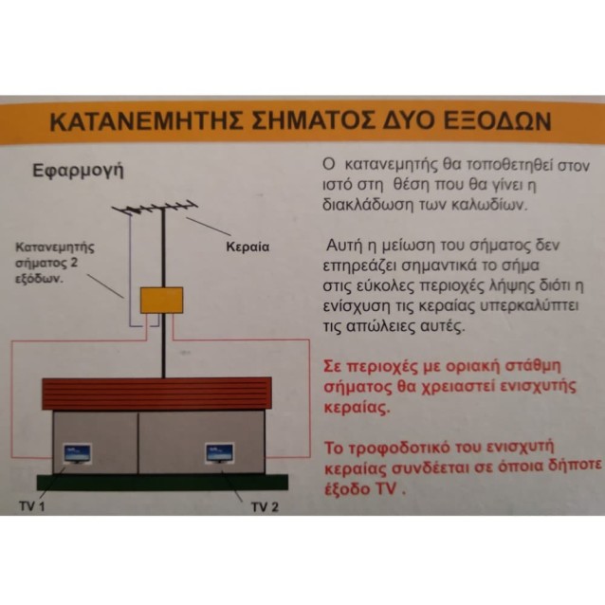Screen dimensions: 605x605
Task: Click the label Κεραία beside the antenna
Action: click(247, 246)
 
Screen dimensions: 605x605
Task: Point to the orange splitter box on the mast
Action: click(161, 300)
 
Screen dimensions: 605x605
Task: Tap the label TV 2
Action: click(265, 505)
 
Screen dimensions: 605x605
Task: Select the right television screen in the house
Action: click(220, 452)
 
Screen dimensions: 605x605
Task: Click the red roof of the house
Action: click(156, 393)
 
